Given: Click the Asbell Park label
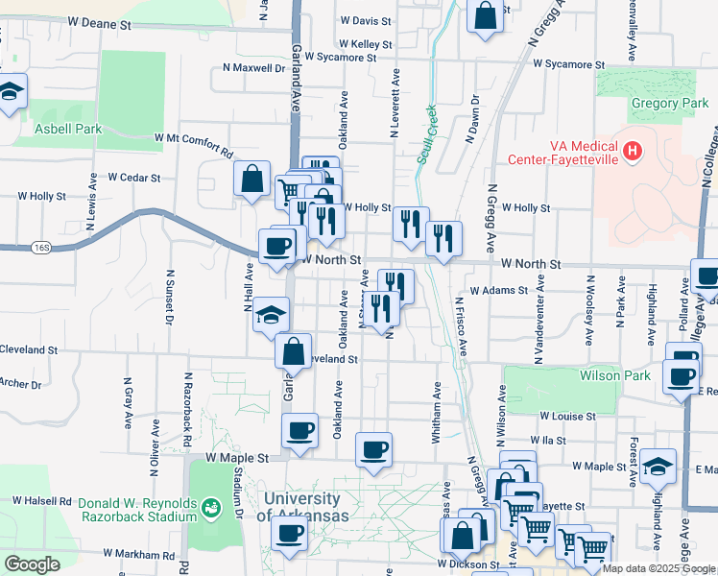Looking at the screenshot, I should click(x=68, y=128).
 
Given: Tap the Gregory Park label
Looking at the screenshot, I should click(x=642, y=104).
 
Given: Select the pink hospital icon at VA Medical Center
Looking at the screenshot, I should click(x=632, y=151).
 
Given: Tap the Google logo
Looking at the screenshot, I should click(x=32, y=564).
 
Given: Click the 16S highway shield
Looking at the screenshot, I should click(x=40, y=248).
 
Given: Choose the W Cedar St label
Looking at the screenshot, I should click(x=139, y=177).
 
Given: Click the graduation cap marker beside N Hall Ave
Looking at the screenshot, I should click(x=271, y=313).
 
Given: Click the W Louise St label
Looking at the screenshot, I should click(x=569, y=417).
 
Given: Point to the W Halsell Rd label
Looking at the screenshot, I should click(x=43, y=500).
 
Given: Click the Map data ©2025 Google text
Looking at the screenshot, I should click(x=658, y=568).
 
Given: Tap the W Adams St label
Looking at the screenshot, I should click(x=499, y=290).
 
